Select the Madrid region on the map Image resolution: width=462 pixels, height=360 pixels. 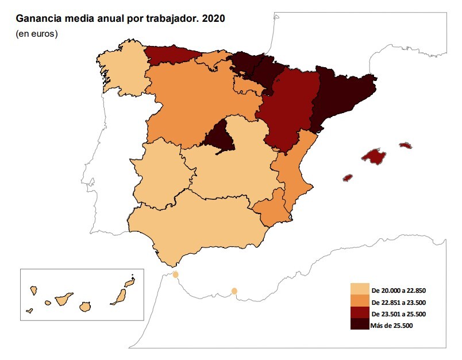tap(218, 138)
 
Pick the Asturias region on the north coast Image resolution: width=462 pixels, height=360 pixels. tap(171, 55)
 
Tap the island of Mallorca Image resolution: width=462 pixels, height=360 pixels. tap(374, 156)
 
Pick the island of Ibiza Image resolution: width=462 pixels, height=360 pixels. tap(347, 177)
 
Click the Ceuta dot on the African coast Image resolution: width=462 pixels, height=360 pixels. tap(175, 275)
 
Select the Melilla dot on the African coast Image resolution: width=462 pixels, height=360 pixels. tap(234, 291)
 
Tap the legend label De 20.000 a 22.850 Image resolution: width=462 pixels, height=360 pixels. tap(398, 290)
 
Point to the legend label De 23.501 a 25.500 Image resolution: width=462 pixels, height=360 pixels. tap(398, 313)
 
